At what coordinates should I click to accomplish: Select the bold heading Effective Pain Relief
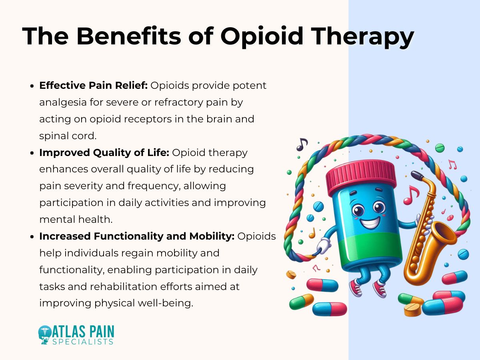click(94, 86)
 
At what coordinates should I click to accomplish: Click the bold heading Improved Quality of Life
click(105, 152)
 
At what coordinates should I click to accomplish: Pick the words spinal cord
click(68, 136)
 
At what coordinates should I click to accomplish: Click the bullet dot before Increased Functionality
click(32, 236)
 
